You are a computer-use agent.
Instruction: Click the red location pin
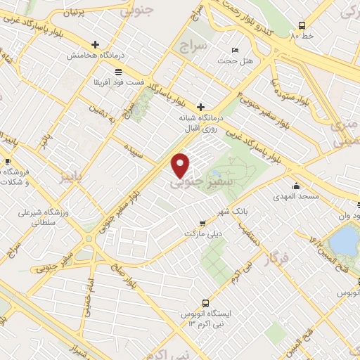[181, 165]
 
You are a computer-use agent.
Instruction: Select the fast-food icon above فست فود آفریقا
[117, 72]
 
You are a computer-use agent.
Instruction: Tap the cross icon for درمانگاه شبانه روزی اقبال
[200, 107]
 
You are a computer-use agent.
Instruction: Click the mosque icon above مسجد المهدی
[297, 186]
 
